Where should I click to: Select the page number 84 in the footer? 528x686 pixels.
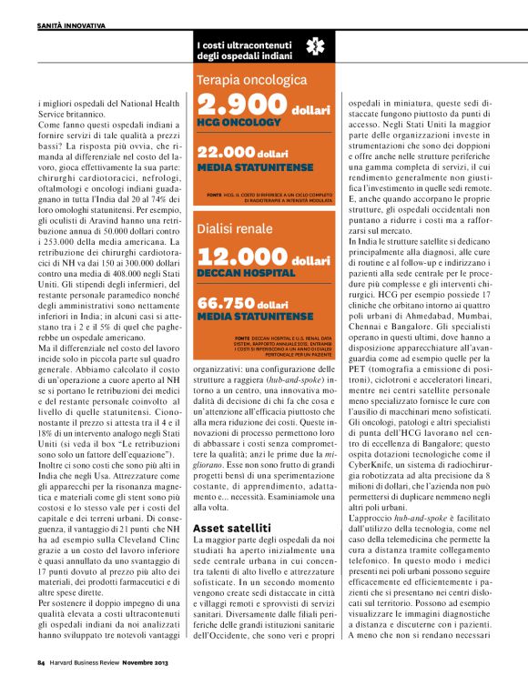tap(41, 664)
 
